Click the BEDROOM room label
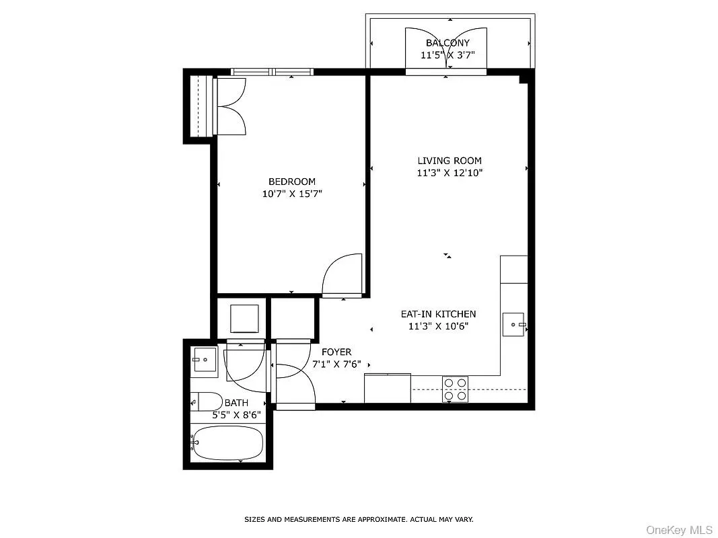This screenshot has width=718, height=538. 291,182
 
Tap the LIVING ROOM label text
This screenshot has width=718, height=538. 450,161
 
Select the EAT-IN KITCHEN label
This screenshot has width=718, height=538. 438,314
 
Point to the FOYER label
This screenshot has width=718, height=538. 336,352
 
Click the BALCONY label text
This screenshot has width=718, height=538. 447,43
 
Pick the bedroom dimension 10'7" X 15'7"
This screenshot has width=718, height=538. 291,194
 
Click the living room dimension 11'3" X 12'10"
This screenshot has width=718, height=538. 450,173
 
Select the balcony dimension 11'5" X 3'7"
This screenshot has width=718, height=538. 447,55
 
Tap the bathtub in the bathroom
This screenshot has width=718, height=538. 227,443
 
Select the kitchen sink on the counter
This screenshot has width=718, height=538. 514,325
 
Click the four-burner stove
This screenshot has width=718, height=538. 455,389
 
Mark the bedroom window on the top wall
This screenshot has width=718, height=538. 272,71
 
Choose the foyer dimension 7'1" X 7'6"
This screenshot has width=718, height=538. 336,364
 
